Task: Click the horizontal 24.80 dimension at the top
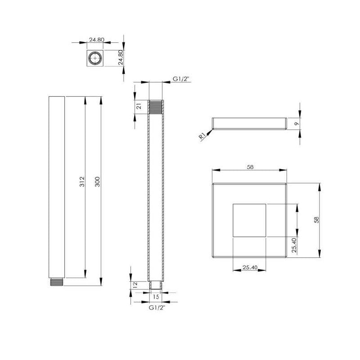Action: coord(96,40)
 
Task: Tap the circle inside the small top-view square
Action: coord(95,59)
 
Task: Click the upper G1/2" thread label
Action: coord(181,79)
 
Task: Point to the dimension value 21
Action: coord(139,106)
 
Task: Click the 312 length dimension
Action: coord(81,182)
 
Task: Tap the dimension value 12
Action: coord(135,285)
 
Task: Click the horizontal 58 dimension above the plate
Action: coord(251,167)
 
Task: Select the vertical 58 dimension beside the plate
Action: coord(316,220)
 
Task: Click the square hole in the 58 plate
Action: coord(249,220)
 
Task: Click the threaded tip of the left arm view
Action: coord(56,283)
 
